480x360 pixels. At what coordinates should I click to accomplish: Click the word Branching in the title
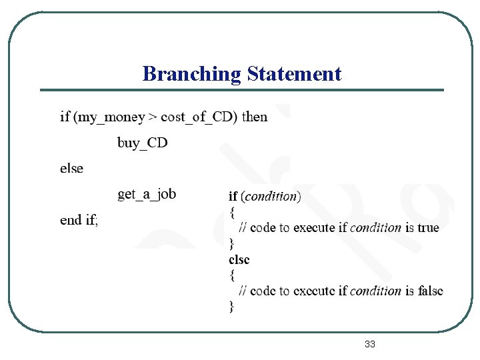[191, 74]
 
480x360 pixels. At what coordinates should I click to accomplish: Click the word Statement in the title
[294, 73]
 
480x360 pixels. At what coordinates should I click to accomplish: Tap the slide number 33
[370, 344]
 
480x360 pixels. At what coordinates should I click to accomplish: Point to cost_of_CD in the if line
[198, 117]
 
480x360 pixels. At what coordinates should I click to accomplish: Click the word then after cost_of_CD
[255, 117]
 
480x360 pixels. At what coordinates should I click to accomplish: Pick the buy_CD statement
[143, 143]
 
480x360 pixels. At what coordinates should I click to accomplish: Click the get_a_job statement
[147, 194]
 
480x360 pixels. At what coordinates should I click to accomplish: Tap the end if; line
[79, 220]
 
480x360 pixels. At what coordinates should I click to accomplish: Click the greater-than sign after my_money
[153, 117]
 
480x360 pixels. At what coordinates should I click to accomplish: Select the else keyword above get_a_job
[72, 169]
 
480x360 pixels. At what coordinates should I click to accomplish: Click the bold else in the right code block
[239, 259]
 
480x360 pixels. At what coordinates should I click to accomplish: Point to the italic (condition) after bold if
[271, 196]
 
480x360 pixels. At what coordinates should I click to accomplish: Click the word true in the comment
[428, 227]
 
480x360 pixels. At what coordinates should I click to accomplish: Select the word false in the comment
[430, 291]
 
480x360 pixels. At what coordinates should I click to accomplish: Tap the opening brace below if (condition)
[232, 212]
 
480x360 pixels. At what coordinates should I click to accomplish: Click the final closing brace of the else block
[232, 307]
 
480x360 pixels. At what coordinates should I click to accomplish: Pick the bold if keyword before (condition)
[233, 196]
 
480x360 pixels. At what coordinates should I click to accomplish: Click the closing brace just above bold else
[232, 243]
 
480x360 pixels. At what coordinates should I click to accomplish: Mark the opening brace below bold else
[232, 275]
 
